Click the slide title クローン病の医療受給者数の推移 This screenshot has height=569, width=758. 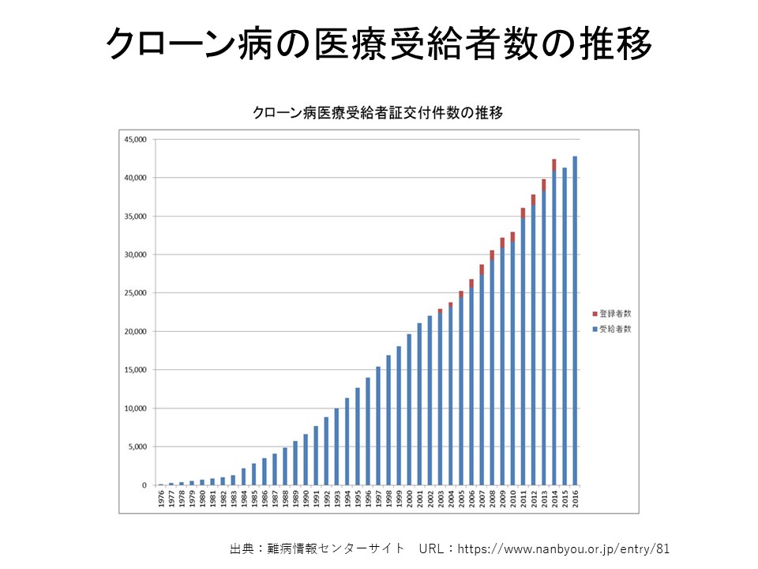click(x=379, y=45)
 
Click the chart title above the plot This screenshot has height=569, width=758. click(x=377, y=113)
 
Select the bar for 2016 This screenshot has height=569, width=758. click(x=575, y=320)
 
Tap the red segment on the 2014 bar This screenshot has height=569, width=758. click(x=554, y=164)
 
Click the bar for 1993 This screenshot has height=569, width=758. click(x=336, y=447)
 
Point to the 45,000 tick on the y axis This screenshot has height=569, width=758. click(x=135, y=140)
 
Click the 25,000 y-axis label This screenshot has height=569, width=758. click(x=135, y=293)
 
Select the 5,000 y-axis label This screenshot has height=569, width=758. click(x=137, y=447)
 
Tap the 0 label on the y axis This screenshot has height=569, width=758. click(x=144, y=485)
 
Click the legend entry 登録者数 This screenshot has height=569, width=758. click(x=615, y=314)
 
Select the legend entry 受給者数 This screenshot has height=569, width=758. click(x=615, y=329)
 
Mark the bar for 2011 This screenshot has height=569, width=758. click(x=523, y=352)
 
